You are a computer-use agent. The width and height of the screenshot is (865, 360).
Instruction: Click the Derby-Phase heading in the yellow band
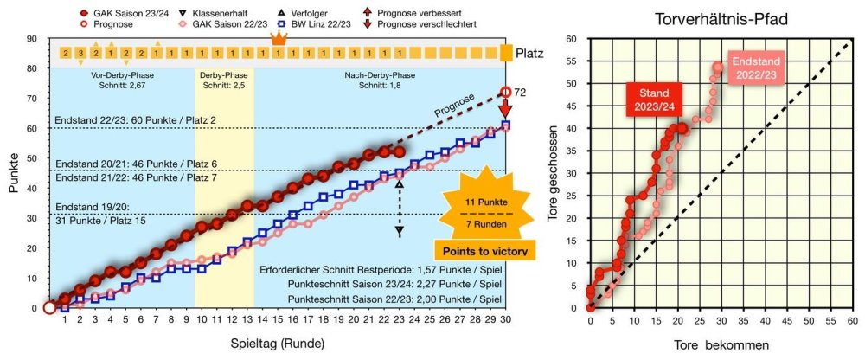pos(223,74)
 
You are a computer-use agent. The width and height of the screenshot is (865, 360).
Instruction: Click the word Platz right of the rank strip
pos(532,54)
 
